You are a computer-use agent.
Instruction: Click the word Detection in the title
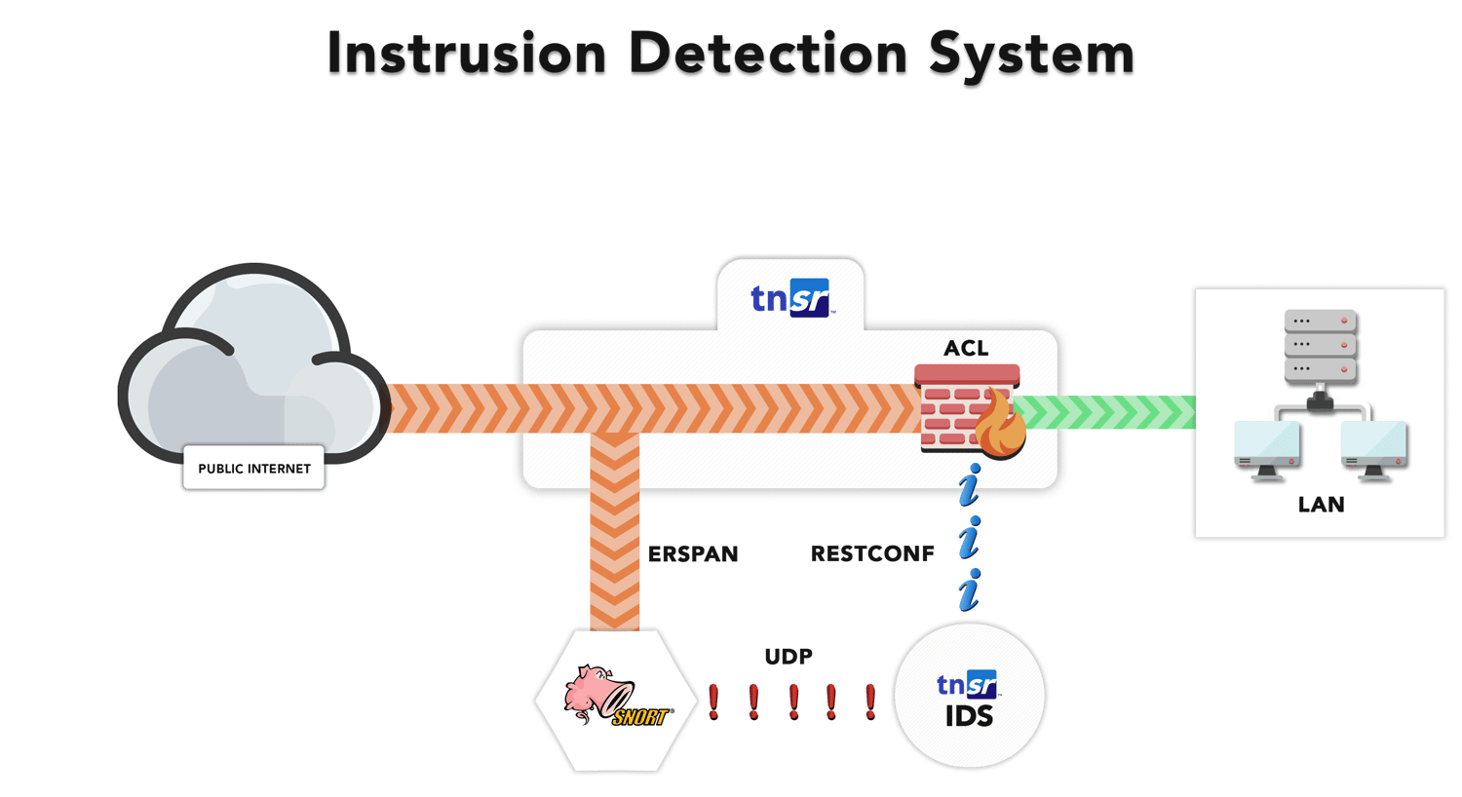(x=768, y=56)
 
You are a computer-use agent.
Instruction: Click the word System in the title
(x=1031, y=56)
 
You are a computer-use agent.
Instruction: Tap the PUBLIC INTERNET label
(x=254, y=469)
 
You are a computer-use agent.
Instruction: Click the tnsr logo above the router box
(x=790, y=298)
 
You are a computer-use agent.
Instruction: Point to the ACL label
(x=966, y=348)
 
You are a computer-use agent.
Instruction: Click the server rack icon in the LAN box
(x=1321, y=346)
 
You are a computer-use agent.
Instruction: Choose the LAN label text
(x=1321, y=505)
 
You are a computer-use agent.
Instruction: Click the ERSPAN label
(x=693, y=554)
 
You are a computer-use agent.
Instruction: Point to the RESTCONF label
(x=872, y=554)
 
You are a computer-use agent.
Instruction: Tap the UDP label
(x=789, y=657)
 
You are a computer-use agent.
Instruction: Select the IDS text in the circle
(x=969, y=717)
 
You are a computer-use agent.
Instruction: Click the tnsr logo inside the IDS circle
(x=967, y=684)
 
